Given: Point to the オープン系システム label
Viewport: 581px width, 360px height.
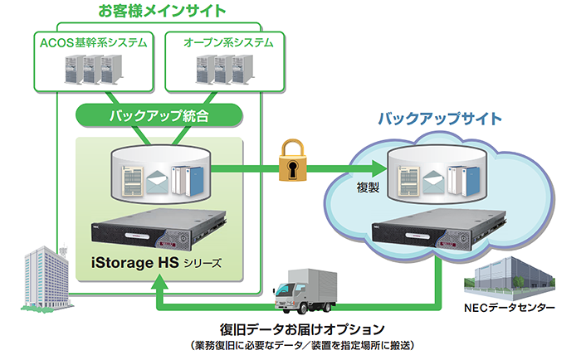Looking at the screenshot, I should [x=219, y=41].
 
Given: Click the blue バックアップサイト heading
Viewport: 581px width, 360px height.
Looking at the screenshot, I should [x=440, y=118].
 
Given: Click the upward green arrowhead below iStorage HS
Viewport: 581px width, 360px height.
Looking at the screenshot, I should [x=160, y=287].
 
